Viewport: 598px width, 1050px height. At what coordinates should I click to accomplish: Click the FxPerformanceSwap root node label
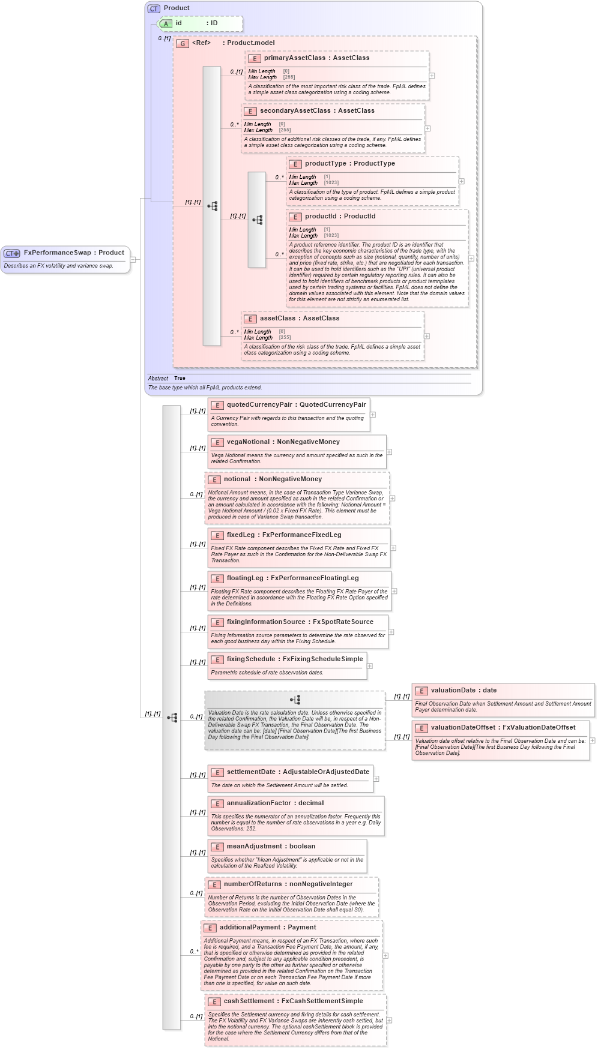(73, 253)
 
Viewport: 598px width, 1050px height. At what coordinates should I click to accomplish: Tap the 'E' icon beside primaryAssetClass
(254, 58)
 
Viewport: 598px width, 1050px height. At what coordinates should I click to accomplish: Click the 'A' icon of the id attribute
(166, 23)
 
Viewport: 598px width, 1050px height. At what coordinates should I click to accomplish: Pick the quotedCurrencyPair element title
(296, 405)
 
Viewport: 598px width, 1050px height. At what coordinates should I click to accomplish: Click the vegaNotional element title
(283, 442)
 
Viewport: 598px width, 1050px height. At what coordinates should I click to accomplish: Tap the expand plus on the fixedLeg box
(393, 548)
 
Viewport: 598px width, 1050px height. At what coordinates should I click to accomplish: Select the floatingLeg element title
(292, 578)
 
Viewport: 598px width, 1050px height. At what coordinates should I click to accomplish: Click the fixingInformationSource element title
(300, 622)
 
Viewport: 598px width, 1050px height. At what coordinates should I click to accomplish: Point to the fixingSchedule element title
(294, 659)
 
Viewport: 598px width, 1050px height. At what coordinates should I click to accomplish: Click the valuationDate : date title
(464, 691)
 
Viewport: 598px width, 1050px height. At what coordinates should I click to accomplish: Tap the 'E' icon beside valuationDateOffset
(421, 728)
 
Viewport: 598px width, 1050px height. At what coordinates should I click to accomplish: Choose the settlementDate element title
(298, 772)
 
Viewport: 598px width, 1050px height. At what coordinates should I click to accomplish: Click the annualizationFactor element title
(275, 803)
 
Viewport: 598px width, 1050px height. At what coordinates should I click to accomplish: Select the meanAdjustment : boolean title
(271, 847)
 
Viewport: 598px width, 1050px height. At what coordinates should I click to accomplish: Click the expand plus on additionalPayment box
(385, 955)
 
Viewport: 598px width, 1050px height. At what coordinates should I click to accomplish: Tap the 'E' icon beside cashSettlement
(214, 1001)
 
